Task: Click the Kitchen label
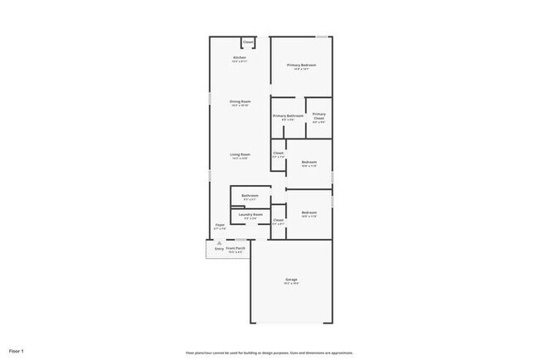click(239, 57)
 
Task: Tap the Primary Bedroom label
click(302, 65)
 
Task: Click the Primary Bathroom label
click(288, 115)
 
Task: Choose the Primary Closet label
click(319, 116)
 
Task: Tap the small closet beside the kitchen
click(248, 41)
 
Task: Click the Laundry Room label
click(250, 214)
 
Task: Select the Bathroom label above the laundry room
click(250, 196)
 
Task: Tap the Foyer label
click(220, 225)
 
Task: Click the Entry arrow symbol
click(219, 242)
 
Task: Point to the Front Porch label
click(236, 248)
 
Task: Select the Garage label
click(291, 280)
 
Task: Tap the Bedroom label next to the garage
click(308, 213)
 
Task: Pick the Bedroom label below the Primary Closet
click(308, 162)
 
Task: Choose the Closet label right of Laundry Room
click(279, 220)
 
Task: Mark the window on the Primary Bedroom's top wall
click(322, 36)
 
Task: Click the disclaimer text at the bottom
click(269, 352)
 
